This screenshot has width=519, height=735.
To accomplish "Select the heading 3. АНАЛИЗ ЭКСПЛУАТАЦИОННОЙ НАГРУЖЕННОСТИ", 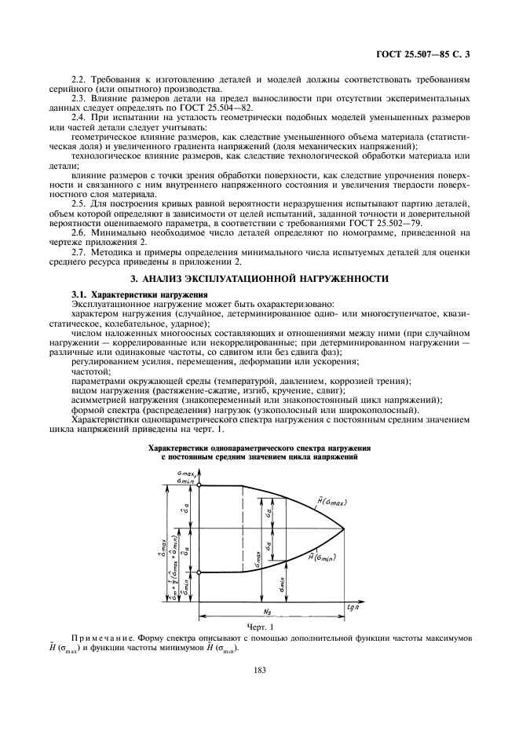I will click(260, 279).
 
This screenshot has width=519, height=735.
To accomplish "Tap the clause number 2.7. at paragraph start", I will click(80, 253).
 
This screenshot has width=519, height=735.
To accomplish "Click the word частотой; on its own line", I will click(90, 371).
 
